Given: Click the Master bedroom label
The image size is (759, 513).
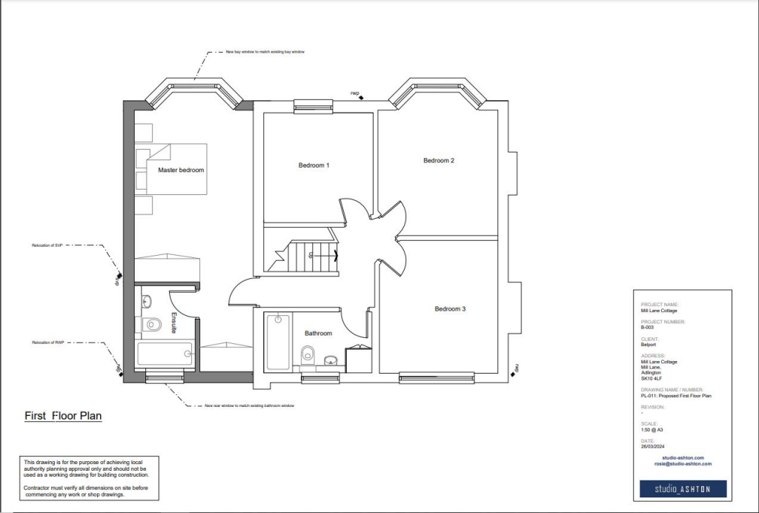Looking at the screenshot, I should coord(180,170).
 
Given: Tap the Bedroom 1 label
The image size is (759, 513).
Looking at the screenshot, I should coord(314,165).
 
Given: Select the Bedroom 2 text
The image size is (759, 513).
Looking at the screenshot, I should coord(438,160).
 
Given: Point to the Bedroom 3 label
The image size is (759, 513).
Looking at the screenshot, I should coord(450,308).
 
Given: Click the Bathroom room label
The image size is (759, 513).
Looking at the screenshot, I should coord(318,333).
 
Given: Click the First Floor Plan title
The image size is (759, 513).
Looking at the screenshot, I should coord(63,416).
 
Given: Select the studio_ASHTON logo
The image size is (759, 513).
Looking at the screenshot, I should coord(683,489).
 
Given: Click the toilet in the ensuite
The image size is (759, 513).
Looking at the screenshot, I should coord(151,324).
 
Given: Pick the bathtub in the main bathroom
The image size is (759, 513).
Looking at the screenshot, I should coord(279,341).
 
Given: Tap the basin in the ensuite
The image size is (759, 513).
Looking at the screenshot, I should coord(145,301).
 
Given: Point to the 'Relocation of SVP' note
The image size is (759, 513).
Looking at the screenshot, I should coord(47,245).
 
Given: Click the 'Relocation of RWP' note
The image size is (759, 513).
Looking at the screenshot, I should coord(47,342).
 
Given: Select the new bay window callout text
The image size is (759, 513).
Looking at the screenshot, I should coord(265,53).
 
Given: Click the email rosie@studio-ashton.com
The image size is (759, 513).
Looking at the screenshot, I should coord(683,463).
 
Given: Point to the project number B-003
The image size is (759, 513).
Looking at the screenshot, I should coord(647,328).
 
